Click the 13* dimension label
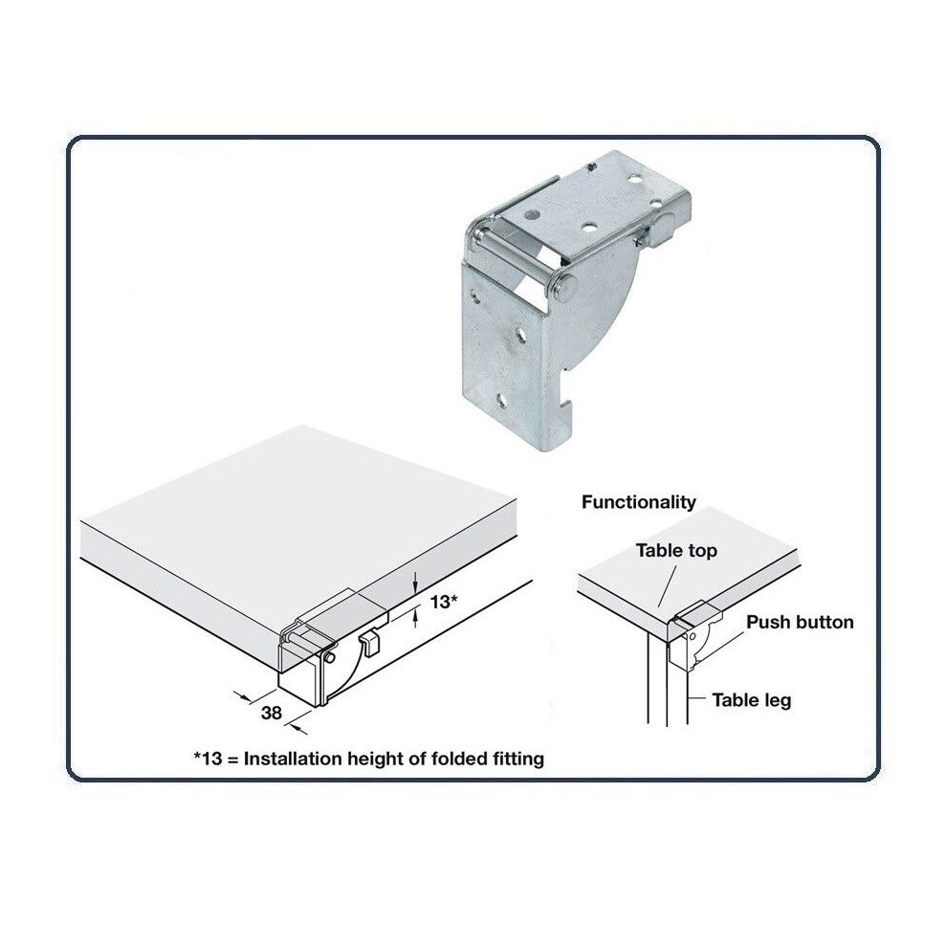(x=443, y=602)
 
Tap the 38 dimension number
(x=271, y=714)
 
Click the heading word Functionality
(x=638, y=502)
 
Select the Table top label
(x=676, y=551)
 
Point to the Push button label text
(x=800, y=622)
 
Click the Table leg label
(x=751, y=700)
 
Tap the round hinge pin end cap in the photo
(x=564, y=286)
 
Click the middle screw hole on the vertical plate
(x=519, y=337)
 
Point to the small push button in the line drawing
(x=368, y=642)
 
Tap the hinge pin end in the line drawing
(x=330, y=656)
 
